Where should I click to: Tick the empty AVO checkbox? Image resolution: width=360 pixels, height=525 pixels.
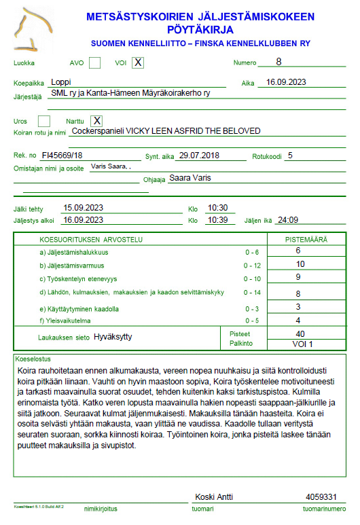(x=95, y=63)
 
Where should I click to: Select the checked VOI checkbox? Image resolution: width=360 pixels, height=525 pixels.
(x=138, y=63)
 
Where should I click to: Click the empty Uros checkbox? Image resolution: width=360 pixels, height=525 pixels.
(x=44, y=121)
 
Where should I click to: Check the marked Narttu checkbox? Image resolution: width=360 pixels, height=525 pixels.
(x=96, y=121)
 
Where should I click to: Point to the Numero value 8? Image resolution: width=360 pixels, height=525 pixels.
(x=278, y=62)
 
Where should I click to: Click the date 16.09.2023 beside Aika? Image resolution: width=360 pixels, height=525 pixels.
(x=286, y=82)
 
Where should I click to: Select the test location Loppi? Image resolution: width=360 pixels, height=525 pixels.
(x=61, y=82)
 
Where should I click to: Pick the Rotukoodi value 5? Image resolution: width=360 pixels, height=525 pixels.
(x=290, y=155)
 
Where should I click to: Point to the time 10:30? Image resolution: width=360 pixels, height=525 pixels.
(x=217, y=208)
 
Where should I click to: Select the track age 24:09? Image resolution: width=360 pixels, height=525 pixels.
(x=289, y=220)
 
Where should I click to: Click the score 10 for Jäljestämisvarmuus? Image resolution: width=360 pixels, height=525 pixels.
(x=300, y=264)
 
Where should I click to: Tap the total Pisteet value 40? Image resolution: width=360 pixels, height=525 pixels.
(x=300, y=334)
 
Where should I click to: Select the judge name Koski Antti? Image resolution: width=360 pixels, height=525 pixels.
(x=214, y=496)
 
